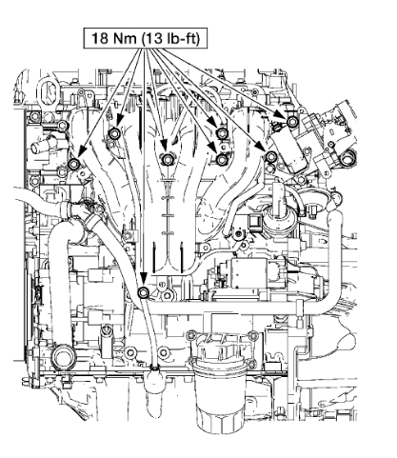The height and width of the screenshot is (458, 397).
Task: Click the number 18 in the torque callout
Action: [99, 38]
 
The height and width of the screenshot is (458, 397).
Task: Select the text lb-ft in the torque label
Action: [181, 38]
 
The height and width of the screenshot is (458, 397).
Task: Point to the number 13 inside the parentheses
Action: [153, 38]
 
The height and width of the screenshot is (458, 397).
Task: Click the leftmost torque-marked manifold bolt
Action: [74, 164]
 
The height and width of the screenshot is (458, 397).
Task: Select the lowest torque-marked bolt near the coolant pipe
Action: [144, 292]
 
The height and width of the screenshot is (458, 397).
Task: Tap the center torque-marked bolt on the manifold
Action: [167, 159]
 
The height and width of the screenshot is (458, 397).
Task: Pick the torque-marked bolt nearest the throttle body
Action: [292, 121]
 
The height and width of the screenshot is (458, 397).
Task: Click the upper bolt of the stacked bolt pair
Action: [221, 132]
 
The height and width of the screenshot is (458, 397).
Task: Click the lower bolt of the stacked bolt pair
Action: [221, 159]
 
